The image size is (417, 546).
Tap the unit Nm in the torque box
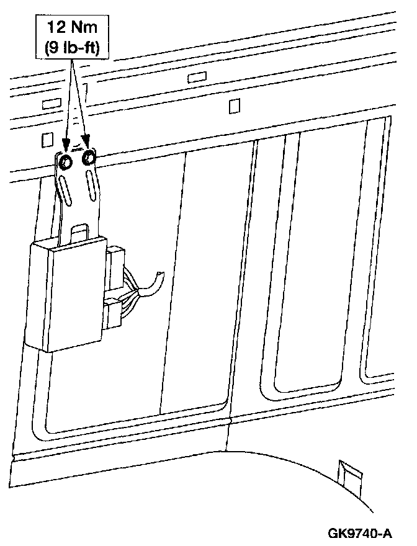click(x=85, y=27)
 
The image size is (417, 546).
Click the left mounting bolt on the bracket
click(x=64, y=161)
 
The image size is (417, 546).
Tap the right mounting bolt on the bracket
click(x=89, y=158)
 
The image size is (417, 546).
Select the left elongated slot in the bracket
click(x=65, y=189)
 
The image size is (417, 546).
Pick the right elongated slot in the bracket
click(x=91, y=186)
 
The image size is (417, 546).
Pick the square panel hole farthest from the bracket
click(x=234, y=106)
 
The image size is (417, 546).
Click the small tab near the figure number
click(x=348, y=474)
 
